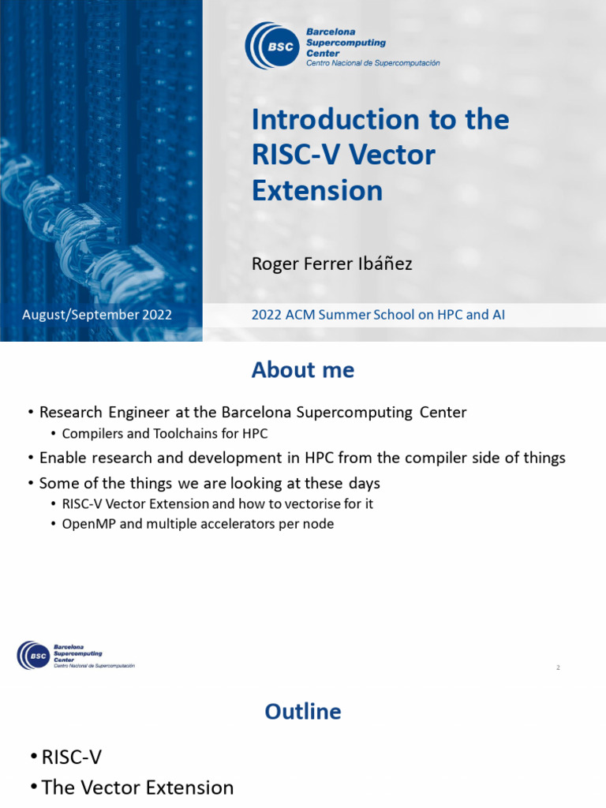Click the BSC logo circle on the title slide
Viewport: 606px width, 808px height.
tap(273, 46)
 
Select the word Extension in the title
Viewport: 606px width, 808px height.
tap(317, 191)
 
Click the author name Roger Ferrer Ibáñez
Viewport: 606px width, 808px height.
tap(331, 264)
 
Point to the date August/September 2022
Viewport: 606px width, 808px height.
tap(97, 315)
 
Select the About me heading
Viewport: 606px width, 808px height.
tap(303, 370)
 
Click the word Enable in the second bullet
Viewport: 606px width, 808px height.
tap(63, 458)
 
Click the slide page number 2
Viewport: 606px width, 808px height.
tap(558, 668)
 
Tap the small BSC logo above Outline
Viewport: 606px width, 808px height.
tap(32, 655)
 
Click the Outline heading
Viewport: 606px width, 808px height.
tap(303, 712)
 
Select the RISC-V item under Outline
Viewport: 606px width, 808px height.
tap(72, 757)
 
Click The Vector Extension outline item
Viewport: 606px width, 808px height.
tap(137, 787)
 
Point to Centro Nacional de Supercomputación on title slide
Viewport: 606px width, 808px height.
tap(372, 63)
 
